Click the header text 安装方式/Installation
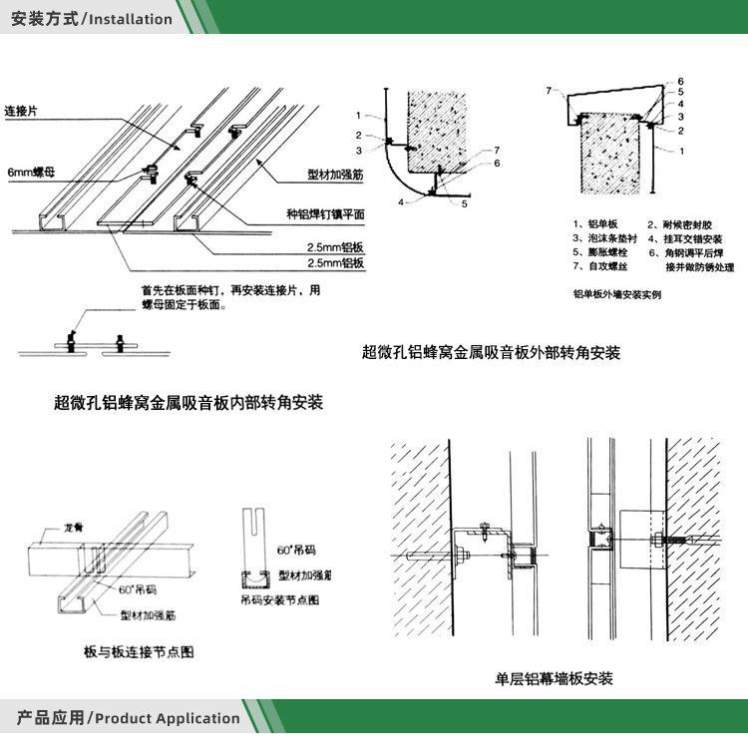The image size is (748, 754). click(91, 18)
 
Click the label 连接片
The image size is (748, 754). click(22, 110)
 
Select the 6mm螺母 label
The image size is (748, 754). click(31, 171)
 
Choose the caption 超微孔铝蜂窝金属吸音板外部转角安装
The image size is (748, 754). click(490, 352)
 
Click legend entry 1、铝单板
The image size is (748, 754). click(596, 224)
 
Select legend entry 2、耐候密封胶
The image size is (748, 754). click(685, 224)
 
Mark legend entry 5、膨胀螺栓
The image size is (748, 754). click(598, 254)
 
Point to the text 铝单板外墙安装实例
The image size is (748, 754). click(616, 294)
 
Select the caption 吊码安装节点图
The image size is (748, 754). click(279, 600)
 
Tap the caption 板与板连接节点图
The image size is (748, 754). click(139, 652)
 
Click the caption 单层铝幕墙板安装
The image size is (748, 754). click(554, 679)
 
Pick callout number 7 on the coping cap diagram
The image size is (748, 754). click(549, 91)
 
